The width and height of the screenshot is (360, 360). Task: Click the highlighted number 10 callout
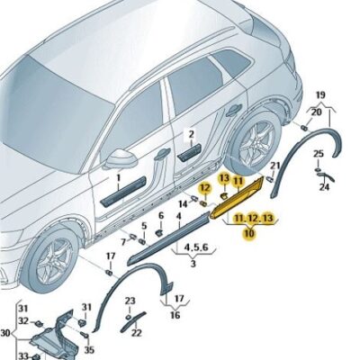(248, 233)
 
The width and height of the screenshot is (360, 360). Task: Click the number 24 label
(324, 189)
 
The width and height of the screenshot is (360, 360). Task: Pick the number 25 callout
(319, 154)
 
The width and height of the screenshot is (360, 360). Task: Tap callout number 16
(174, 316)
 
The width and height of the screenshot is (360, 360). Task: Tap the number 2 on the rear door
(190, 132)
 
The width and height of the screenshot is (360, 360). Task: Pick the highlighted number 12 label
(205, 188)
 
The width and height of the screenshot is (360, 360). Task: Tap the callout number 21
(275, 166)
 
